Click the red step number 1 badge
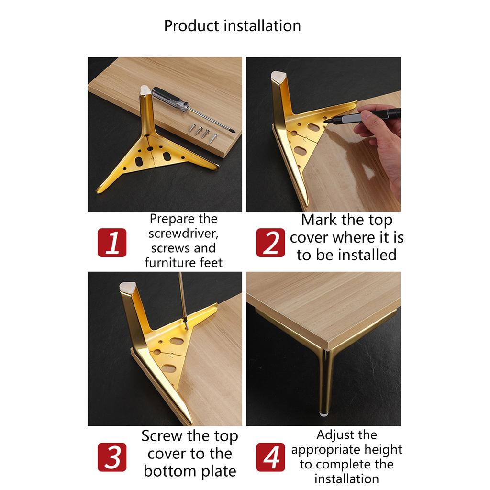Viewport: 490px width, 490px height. coord(112,243)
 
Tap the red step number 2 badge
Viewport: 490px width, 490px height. coord(271,243)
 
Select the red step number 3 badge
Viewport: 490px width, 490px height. coord(112,457)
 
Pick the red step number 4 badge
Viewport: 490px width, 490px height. coord(271,457)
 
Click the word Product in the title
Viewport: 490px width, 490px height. coord(191,25)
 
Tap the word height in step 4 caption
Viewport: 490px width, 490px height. coord(382,450)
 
